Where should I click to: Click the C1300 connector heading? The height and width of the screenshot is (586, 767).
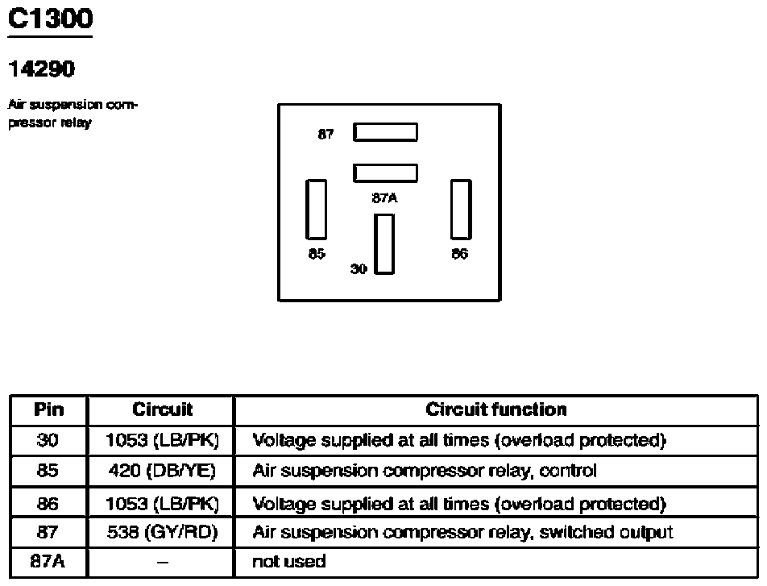point(51,19)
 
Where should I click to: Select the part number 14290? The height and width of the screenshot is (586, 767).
point(42,69)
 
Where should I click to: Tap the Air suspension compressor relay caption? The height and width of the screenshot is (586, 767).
point(73,114)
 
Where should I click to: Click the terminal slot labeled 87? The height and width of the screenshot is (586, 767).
point(385,132)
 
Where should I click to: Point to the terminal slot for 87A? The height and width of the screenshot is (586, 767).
point(385,173)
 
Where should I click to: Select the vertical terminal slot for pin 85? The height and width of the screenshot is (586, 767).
point(316,210)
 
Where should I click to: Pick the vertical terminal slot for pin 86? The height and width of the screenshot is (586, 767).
point(461,210)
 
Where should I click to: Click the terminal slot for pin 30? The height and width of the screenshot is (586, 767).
point(384,243)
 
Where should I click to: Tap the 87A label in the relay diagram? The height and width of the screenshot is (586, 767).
point(384,198)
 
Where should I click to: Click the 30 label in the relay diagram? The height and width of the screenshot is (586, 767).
point(359,268)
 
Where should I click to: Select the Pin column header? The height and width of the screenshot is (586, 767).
point(49,409)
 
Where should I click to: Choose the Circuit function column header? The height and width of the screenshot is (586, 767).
point(496,409)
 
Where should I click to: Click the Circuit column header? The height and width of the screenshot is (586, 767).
point(163,409)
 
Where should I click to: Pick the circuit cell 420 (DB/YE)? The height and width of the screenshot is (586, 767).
point(162,471)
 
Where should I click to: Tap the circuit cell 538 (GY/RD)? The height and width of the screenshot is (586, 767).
point(163,532)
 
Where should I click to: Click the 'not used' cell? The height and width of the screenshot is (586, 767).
point(288,562)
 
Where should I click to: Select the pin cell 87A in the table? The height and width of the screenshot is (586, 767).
point(48,562)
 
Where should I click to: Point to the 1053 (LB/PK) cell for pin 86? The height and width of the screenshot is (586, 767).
point(163,504)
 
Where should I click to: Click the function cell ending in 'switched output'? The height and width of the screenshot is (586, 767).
point(462,533)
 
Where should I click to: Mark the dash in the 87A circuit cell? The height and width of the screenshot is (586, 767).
point(163,563)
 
